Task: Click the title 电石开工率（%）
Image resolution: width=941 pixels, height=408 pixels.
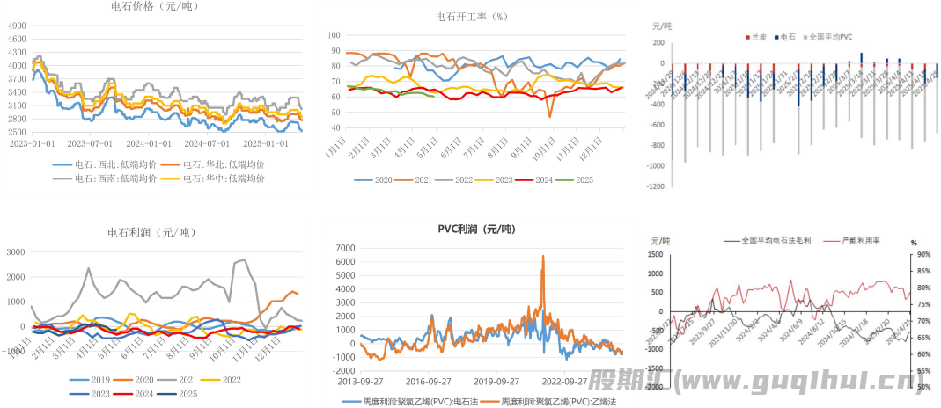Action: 473,17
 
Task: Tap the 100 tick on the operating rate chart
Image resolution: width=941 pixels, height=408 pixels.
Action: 334,35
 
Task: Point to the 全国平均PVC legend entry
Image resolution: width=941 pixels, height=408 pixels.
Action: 829,37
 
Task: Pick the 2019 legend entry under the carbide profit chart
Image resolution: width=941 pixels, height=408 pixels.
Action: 96,381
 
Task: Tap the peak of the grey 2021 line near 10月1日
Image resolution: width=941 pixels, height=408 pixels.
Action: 243,260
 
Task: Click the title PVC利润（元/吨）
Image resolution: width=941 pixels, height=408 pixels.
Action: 476,229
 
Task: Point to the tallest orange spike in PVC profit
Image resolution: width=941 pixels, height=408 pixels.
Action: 543,257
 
